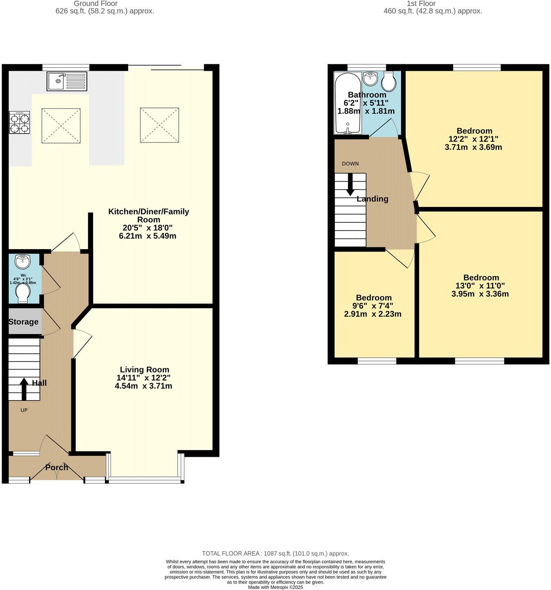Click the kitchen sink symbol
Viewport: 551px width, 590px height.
[67, 81]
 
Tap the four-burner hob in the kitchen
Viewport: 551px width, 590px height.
[20, 123]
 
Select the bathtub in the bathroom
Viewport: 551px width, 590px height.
[348, 103]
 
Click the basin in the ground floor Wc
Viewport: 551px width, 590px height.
[22, 261]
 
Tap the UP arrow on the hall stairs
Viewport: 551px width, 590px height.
[24, 388]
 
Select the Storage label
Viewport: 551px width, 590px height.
[23, 322]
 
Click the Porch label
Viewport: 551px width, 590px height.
[57, 467]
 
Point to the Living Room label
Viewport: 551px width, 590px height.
[144, 370]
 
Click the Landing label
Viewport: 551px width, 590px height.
[372, 199]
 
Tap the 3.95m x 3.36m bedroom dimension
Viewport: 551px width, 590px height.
[480, 294]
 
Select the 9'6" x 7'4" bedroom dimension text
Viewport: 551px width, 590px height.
[373, 306]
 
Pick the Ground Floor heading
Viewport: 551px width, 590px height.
[96, 4]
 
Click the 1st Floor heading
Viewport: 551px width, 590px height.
[421, 4]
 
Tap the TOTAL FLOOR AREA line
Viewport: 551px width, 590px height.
[275, 553]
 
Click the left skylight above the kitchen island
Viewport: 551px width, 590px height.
[61, 125]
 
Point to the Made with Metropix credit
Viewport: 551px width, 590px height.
[275, 587]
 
